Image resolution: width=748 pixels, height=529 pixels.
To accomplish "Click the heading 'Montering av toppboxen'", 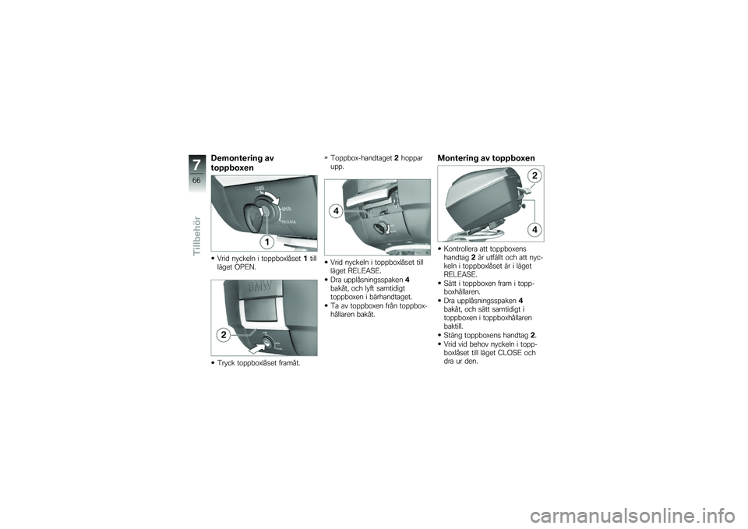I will point(486,158).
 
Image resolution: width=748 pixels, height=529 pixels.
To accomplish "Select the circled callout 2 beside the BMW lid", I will point(223,334).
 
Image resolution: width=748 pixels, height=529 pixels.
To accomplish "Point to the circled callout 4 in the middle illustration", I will point(334,212).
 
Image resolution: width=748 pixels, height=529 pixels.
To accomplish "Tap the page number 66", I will point(196,181).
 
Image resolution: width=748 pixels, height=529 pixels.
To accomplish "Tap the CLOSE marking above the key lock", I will point(260,189).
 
